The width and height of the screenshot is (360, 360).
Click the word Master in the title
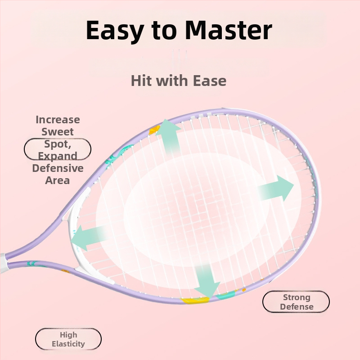pos(229,30)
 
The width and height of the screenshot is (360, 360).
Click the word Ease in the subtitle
pos(210,81)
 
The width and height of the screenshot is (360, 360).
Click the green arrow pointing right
pos(276,188)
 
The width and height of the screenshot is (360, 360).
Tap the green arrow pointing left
pos(90,238)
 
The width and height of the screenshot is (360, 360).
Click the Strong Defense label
pos(296,302)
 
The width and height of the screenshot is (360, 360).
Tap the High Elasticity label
pos(68,339)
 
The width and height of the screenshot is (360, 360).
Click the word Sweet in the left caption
pos(58,131)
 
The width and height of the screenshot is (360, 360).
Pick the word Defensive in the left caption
pos(58,168)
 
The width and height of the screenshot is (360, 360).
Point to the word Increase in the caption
pos(58,120)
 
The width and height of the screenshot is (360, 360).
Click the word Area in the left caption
pos(58,180)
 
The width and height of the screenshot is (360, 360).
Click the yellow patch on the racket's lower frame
pos(195,300)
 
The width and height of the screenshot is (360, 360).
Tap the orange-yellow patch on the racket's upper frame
pos(154,130)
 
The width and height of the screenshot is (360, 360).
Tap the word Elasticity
pos(68,344)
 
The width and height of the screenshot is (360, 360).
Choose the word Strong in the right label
pos(297,297)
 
